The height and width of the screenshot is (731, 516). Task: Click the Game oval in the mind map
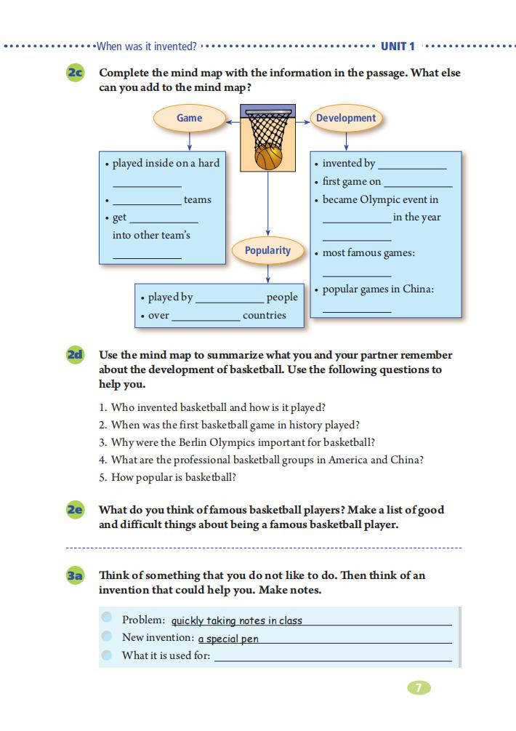click(189, 118)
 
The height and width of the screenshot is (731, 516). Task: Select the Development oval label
click(346, 118)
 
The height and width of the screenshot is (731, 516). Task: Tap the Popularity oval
click(267, 250)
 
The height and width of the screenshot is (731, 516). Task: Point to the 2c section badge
click(76, 73)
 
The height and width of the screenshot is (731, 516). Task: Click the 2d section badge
click(76, 355)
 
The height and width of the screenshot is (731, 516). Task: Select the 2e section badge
click(76, 510)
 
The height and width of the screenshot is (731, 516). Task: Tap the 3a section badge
click(76, 575)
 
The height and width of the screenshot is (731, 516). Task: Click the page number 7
click(419, 687)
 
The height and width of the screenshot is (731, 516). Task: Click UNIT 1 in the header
click(398, 47)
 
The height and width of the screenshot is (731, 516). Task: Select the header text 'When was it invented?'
click(147, 47)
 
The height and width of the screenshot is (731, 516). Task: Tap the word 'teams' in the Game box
click(198, 199)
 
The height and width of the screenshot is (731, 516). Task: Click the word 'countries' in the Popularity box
click(264, 315)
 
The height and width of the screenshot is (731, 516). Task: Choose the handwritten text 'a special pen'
click(228, 639)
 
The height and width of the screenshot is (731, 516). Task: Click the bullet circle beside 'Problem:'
click(108, 618)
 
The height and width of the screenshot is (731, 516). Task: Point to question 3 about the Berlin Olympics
click(243, 442)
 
